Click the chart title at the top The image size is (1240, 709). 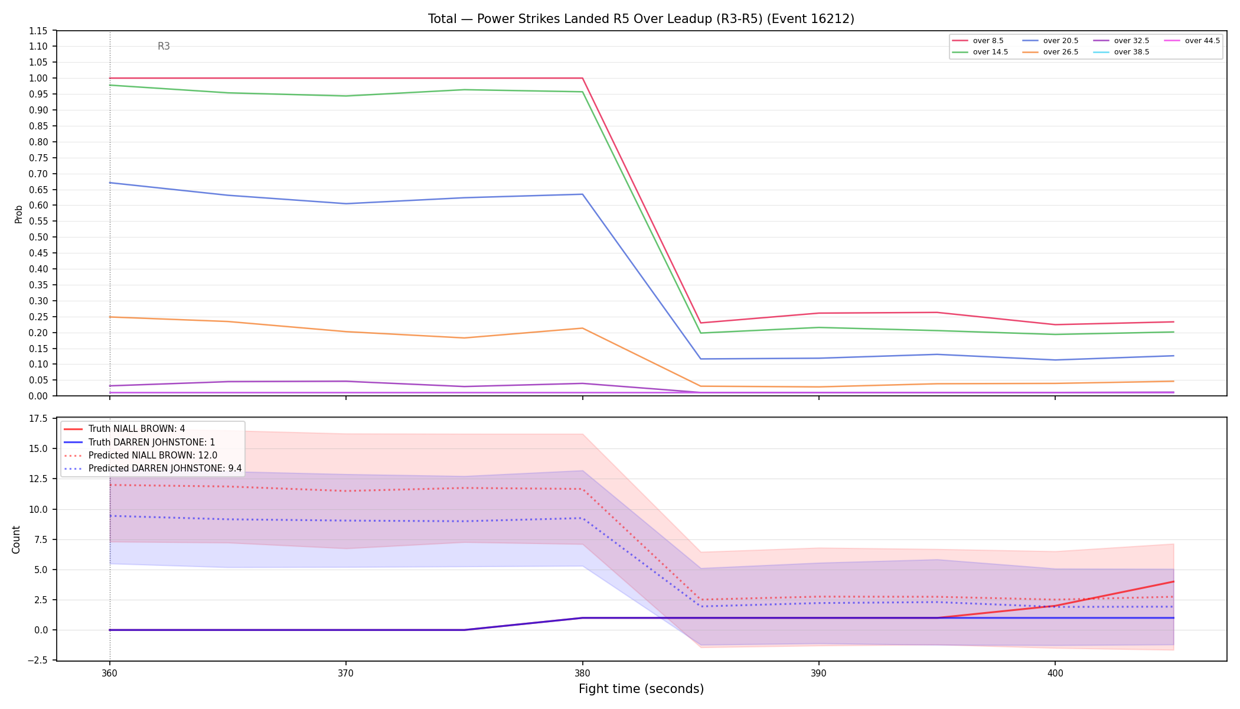tap(641, 19)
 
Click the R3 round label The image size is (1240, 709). tap(164, 46)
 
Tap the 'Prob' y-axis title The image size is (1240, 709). tap(18, 214)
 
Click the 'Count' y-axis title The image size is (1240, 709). tap(16, 539)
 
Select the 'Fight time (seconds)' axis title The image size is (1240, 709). tap(641, 689)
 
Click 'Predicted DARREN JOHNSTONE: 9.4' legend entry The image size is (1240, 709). tap(152, 469)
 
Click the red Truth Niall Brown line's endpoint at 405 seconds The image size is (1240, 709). tap(1173, 582)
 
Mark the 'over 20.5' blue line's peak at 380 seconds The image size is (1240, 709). tap(582, 194)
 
